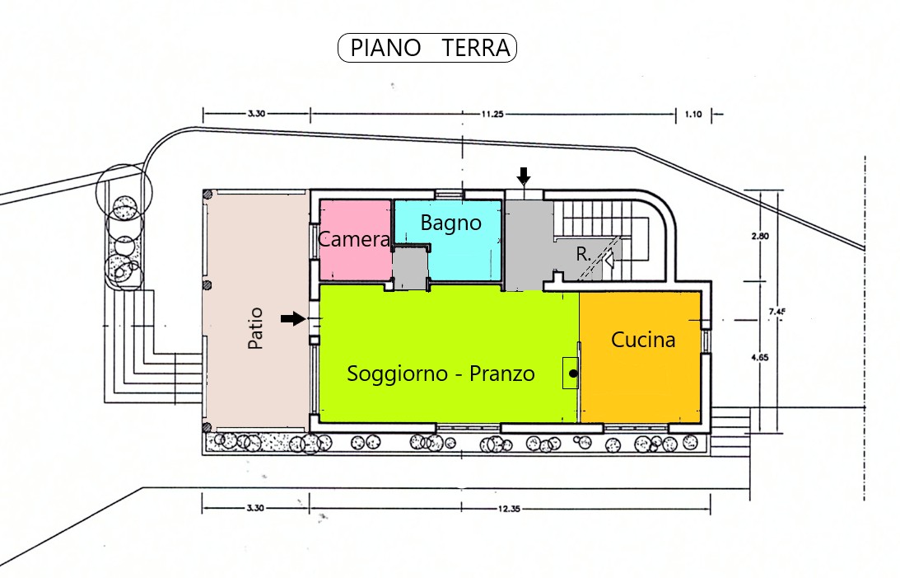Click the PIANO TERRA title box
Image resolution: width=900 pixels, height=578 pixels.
click(427, 48)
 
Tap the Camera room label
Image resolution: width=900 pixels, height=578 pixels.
click(354, 239)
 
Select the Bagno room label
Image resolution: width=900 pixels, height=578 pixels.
click(450, 223)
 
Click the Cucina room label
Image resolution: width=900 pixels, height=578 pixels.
click(643, 340)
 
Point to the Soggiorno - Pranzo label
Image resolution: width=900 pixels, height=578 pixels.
click(441, 374)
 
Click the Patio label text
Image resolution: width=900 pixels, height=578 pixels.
click(255, 328)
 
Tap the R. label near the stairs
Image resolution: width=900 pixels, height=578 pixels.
click(583, 254)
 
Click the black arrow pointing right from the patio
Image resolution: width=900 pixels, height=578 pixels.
click(293, 318)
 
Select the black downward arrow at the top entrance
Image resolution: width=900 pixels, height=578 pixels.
click(523, 176)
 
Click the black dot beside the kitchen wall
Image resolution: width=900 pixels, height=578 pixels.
click(573, 374)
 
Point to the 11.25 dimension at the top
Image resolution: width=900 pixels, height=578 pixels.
click(492, 114)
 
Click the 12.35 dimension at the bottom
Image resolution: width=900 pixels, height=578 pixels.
click(509, 509)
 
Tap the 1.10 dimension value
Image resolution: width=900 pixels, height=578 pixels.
click(692, 115)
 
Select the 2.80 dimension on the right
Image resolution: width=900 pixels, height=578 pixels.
click(759, 236)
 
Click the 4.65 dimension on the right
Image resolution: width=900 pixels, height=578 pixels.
click(759, 357)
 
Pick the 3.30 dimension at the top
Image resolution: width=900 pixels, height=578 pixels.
click(256, 114)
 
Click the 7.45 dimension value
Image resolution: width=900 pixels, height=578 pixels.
click(776, 312)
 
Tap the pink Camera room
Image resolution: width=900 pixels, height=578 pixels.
click(355, 240)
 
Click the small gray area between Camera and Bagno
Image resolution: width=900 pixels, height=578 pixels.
click(410, 267)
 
